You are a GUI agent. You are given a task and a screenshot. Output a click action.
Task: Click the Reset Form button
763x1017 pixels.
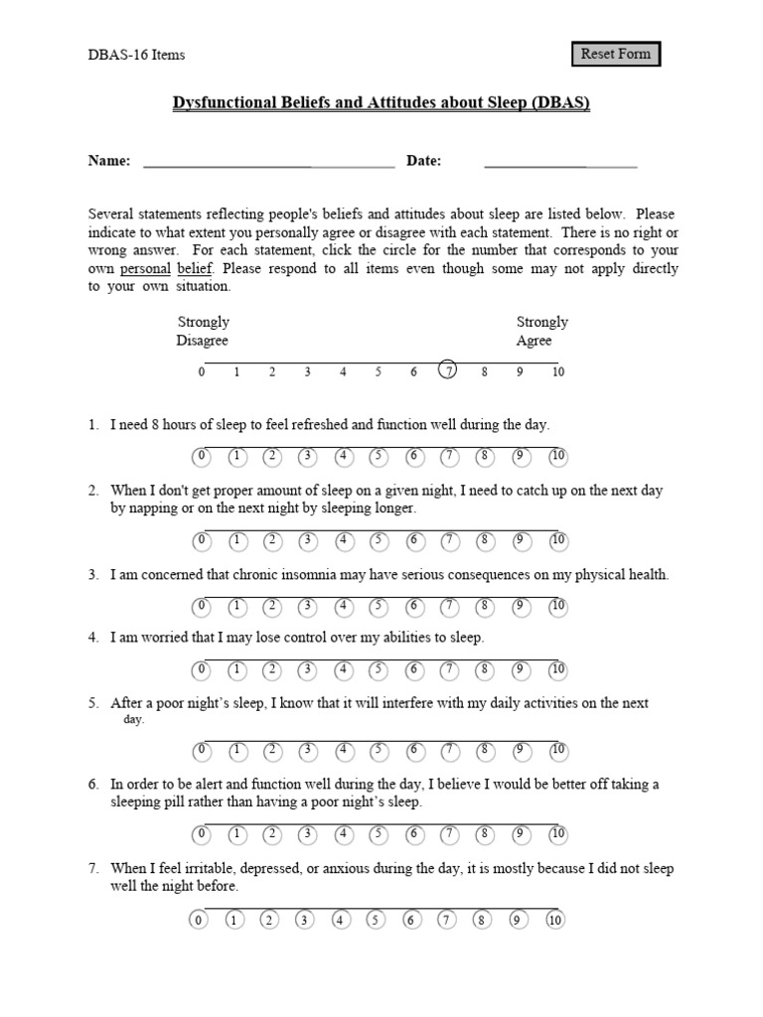point(615,54)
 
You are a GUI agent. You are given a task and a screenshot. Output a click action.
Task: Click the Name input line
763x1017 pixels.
point(268,162)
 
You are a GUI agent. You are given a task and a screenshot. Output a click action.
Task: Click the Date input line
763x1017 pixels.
point(559,162)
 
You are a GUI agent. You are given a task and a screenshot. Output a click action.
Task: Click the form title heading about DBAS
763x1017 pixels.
point(382,103)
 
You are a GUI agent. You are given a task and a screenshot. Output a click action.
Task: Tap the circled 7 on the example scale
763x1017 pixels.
point(448,371)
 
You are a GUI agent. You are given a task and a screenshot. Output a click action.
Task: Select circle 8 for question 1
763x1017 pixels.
point(484,457)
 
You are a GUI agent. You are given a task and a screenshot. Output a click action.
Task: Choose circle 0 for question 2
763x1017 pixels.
point(202,540)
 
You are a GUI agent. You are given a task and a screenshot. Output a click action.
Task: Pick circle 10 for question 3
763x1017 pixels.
point(557,606)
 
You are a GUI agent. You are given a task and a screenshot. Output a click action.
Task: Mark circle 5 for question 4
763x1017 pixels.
point(379,669)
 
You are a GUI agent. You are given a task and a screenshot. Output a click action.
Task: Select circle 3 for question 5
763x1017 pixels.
point(308,749)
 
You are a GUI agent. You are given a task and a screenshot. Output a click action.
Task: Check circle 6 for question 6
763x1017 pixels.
point(415,833)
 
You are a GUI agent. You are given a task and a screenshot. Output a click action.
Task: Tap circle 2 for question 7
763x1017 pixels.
point(268,920)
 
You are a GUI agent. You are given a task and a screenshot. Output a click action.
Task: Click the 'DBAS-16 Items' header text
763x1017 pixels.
point(137,55)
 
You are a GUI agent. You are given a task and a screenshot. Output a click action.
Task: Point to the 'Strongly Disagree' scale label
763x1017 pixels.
point(203,332)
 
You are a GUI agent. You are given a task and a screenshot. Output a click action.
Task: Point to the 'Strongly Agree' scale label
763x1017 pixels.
point(541,332)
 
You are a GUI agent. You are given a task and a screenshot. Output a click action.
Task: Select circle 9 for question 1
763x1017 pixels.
point(520,457)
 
